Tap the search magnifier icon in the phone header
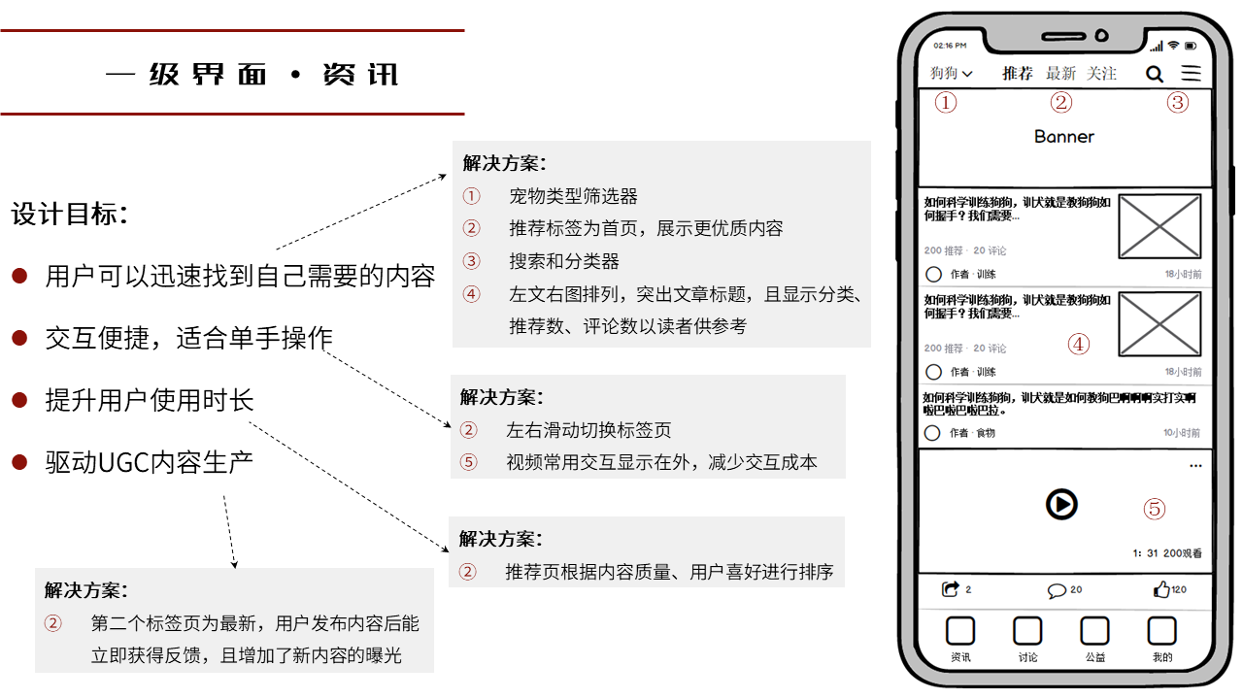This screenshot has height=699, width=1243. (1154, 74)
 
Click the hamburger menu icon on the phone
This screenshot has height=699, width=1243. (1191, 74)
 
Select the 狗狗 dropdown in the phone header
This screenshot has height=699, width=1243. (951, 74)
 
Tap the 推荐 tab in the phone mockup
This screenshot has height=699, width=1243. (1018, 74)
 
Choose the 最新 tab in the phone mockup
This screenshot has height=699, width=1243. (1060, 74)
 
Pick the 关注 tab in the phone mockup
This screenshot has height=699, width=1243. (1101, 74)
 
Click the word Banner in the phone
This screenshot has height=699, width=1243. (1064, 137)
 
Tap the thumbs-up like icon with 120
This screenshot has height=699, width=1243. (1160, 589)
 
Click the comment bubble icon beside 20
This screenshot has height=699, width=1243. (1057, 590)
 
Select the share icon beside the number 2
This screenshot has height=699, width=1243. (950, 589)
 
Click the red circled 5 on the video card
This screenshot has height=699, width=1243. (1154, 509)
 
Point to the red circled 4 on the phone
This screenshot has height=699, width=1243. (1079, 344)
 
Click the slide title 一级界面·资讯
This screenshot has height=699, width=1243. (252, 74)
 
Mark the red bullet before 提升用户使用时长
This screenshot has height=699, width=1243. (19, 400)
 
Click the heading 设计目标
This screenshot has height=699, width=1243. (69, 215)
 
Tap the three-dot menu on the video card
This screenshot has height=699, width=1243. (1195, 467)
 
